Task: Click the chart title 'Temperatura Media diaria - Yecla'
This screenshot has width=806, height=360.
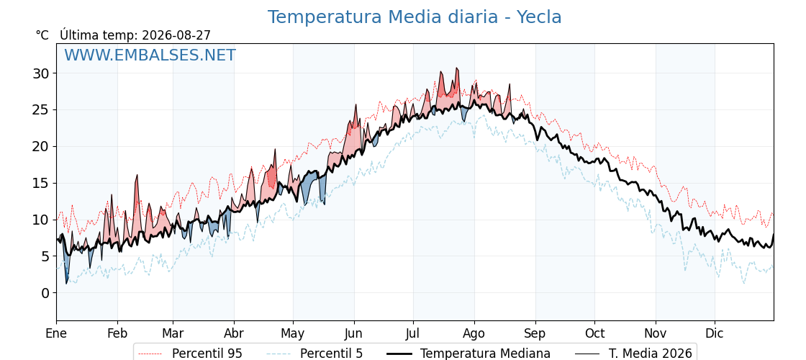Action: pyautogui.click(x=415, y=17)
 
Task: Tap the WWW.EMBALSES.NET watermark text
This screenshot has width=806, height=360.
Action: pyautogui.click(x=150, y=55)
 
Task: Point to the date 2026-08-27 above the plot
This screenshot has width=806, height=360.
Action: pyautogui.click(x=176, y=35)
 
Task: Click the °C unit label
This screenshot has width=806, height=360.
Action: pyautogui.click(x=42, y=35)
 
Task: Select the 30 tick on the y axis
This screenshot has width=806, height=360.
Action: pyautogui.click(x=41, y=73)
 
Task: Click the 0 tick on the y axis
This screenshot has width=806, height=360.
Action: pyautogui.click(x=46, y=292)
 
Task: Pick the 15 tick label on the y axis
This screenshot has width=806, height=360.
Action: pyautogui.click(x=41, y=183)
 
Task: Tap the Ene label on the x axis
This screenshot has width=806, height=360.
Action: pyautogui.click(x=57, y=334)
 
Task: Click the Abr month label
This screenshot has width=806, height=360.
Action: pyautogui.click(x=234, y=334)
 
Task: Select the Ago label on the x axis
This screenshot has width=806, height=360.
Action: pyautogui.click(x=474, y=334)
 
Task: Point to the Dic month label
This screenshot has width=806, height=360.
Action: pyautogui.click(x=715, y=334)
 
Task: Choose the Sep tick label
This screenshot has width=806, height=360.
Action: pyautogui.click(x=535, y=334)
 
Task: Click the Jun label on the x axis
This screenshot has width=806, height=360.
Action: pyautogui.click(x=353, y=334)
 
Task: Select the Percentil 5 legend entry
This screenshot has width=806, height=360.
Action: pyautogui.click(x=315, y=354)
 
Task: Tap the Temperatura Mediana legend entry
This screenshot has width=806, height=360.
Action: pyautogui.click(x=468, y=354)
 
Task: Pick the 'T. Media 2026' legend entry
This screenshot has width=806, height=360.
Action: pyautogui.click(x=633, y=354)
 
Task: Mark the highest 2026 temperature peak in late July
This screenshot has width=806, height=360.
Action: pyautogui.click(x=456, y=68)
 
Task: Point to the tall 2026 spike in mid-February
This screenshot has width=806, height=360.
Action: pyautogui.click(x=137, y=175)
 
